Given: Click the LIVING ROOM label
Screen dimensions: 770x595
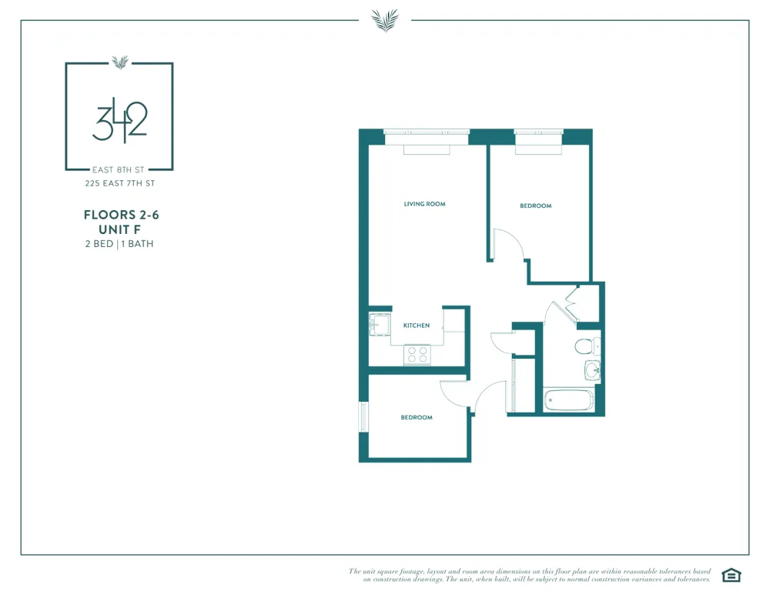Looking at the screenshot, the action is click(424, 204).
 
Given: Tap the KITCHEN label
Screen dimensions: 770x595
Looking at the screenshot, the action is click(417, 326).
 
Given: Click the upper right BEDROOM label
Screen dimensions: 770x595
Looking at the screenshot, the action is click(535, 206).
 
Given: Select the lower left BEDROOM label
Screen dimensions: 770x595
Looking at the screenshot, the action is click(416, 417).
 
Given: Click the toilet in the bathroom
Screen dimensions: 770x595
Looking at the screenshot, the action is click(585, 346).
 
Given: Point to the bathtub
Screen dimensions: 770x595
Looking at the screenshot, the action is click(569, 400).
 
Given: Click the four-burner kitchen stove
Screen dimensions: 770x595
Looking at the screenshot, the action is click(418, 354).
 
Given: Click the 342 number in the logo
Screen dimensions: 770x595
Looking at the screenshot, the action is click(119, 122).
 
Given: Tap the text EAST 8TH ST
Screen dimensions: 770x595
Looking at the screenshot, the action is click(119, 169).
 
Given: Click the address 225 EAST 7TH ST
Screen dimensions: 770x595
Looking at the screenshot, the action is click(119, 183).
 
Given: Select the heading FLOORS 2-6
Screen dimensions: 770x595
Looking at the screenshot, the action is click(119, 216).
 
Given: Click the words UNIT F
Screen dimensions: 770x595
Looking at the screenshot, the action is click(119, 229).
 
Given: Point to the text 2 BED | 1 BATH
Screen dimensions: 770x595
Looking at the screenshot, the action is click(119, 244).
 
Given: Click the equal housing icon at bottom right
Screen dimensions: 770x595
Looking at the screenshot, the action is click(730, 574).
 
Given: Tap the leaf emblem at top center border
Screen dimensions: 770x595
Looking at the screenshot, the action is click(384, 20).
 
